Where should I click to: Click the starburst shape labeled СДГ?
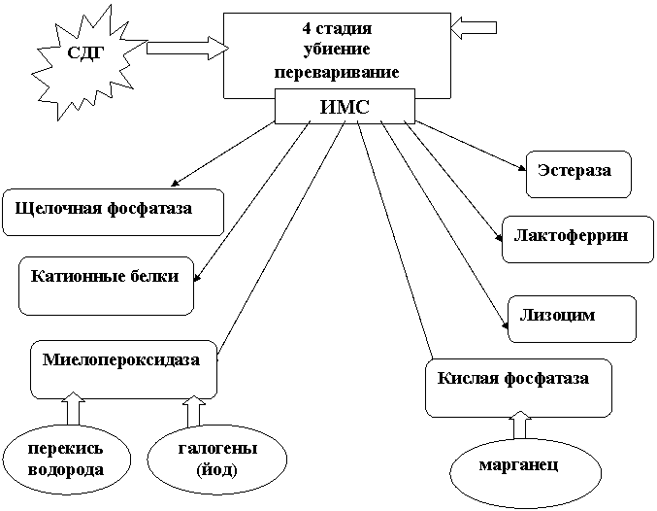click(83, 53)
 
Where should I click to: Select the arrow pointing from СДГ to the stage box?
click(184, 46)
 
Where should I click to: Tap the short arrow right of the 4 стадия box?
click(474, 28)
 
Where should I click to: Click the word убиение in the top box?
click(337, 50)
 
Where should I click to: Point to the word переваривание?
click(337, 72)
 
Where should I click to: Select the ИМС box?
click(345, 107)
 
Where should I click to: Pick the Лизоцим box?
click(572, 318)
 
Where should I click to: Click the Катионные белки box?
click(106, 284)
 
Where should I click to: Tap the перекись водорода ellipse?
click(66, 460)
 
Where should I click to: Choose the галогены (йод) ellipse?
click(217, 460)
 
